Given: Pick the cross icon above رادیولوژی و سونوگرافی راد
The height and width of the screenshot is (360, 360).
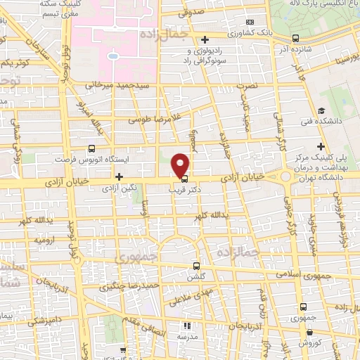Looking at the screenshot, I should point(205,40).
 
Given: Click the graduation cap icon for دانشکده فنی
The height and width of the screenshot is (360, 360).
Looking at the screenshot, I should point(321,111).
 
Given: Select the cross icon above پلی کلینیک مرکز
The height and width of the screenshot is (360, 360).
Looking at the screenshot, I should point(321,147).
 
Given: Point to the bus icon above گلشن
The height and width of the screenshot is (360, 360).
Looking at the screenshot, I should point(197,266).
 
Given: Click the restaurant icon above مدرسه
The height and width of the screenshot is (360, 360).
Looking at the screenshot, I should point(187,326).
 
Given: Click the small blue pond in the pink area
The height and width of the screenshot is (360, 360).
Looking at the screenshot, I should point(112,54).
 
